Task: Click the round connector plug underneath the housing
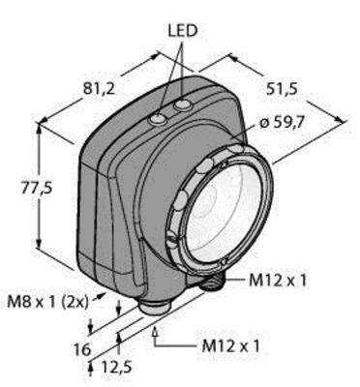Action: pos(154,309)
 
